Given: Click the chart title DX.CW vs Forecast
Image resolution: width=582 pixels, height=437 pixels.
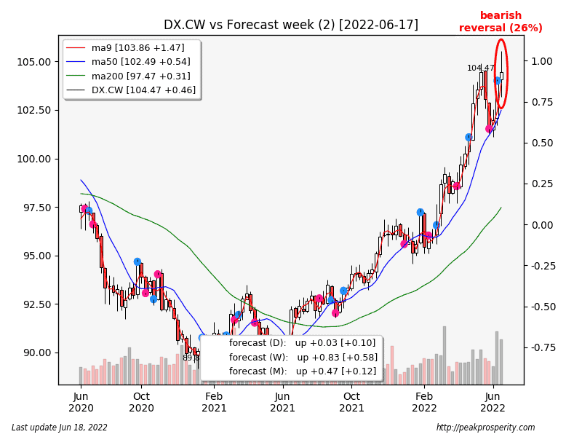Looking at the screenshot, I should [290, 25].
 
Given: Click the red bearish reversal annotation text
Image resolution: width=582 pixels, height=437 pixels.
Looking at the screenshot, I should [501, 22].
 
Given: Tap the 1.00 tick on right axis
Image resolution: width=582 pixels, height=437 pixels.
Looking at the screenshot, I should [542, 61].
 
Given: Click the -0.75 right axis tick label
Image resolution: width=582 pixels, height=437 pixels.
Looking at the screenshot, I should [541, 347].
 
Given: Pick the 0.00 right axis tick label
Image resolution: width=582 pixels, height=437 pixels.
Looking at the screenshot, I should [542, 225].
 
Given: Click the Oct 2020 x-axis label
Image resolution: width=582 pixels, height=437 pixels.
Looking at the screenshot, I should [141, 402].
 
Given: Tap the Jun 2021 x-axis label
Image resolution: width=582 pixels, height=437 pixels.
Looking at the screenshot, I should [283, 402].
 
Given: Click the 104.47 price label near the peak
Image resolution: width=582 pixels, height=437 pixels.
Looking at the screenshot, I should [480, 68].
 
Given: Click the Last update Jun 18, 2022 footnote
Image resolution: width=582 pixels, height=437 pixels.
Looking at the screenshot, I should [60, 428].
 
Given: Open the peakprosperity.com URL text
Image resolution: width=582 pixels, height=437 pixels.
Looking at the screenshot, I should [485, 428].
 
